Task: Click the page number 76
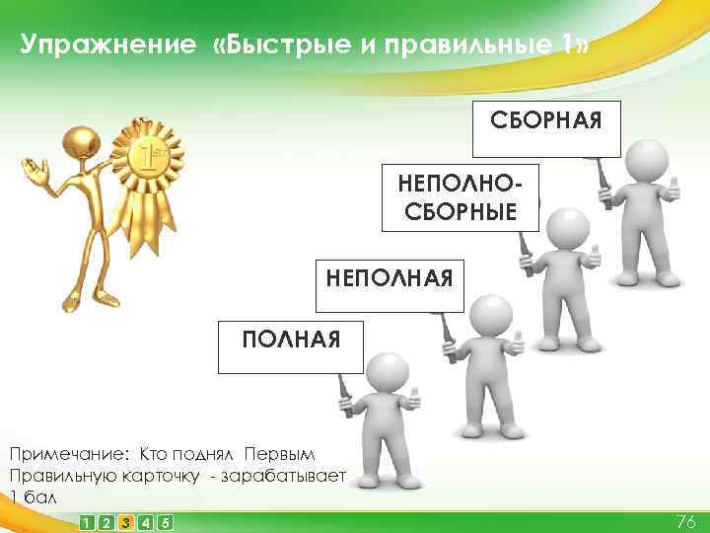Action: [685, 521]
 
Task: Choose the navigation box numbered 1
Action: [88, 521]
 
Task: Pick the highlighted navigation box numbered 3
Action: [125, 521]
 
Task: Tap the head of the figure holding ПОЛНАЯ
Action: [387, 373]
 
